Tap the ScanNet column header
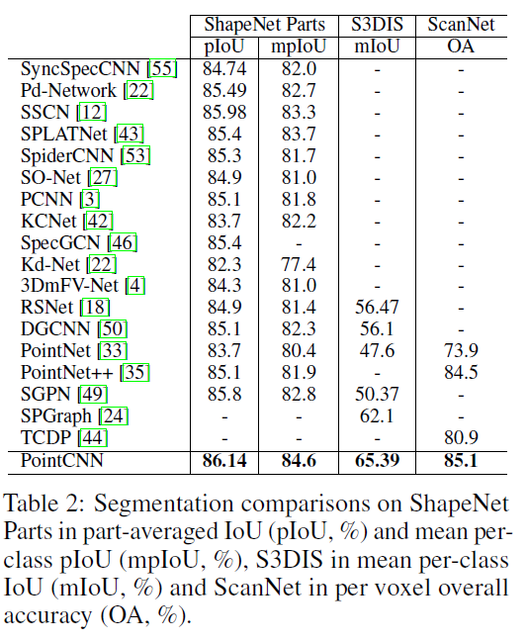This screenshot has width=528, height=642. pyautogui.click(x=462, y=24)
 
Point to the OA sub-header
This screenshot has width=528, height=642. pyautogui.click(x=462, y=46)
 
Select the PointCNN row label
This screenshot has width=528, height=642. pyautogui.click(x=62, y=460)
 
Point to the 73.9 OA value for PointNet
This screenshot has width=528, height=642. pyautogui.click(x=462, y=351)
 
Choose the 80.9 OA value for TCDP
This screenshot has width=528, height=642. pyautogui.click(x=462, y=438)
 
